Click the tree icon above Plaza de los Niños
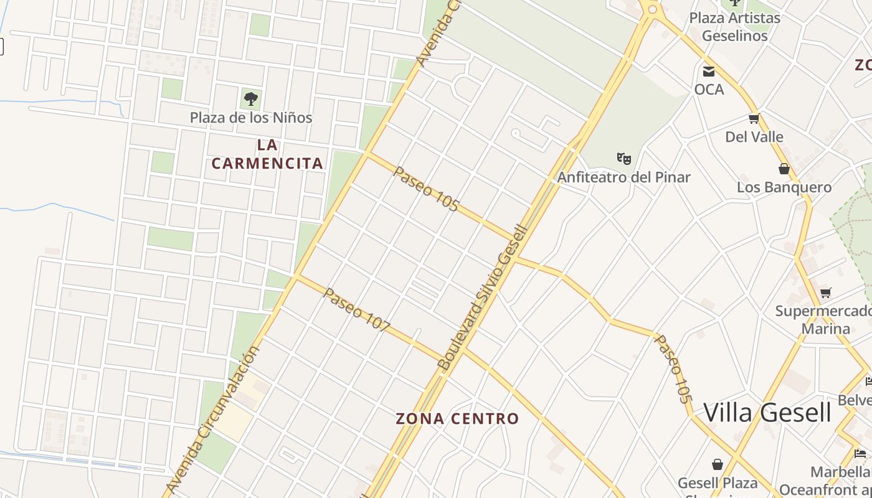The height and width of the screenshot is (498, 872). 250,98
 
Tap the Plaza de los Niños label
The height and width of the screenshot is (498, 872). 251,118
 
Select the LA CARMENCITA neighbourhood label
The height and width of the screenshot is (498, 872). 267,154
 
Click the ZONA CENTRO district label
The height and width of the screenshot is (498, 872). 457,419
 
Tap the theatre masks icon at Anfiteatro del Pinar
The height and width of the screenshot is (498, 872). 623,158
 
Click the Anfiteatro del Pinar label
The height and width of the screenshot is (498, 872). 623,177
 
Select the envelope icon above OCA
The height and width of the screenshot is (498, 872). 709,71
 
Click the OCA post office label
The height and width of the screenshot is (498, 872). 709,90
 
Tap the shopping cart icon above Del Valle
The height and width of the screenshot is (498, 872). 754,118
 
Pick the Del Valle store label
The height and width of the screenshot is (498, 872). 754,137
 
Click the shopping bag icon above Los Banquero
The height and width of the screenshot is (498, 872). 784,169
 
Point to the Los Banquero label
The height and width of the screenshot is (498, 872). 784,187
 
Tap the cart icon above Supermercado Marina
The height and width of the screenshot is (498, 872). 826,293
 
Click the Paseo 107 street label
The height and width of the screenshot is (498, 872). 357,310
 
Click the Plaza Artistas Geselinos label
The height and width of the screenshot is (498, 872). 735,27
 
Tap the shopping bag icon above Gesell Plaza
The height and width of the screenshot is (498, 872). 718,464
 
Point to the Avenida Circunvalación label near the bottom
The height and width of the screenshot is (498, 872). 214,420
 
